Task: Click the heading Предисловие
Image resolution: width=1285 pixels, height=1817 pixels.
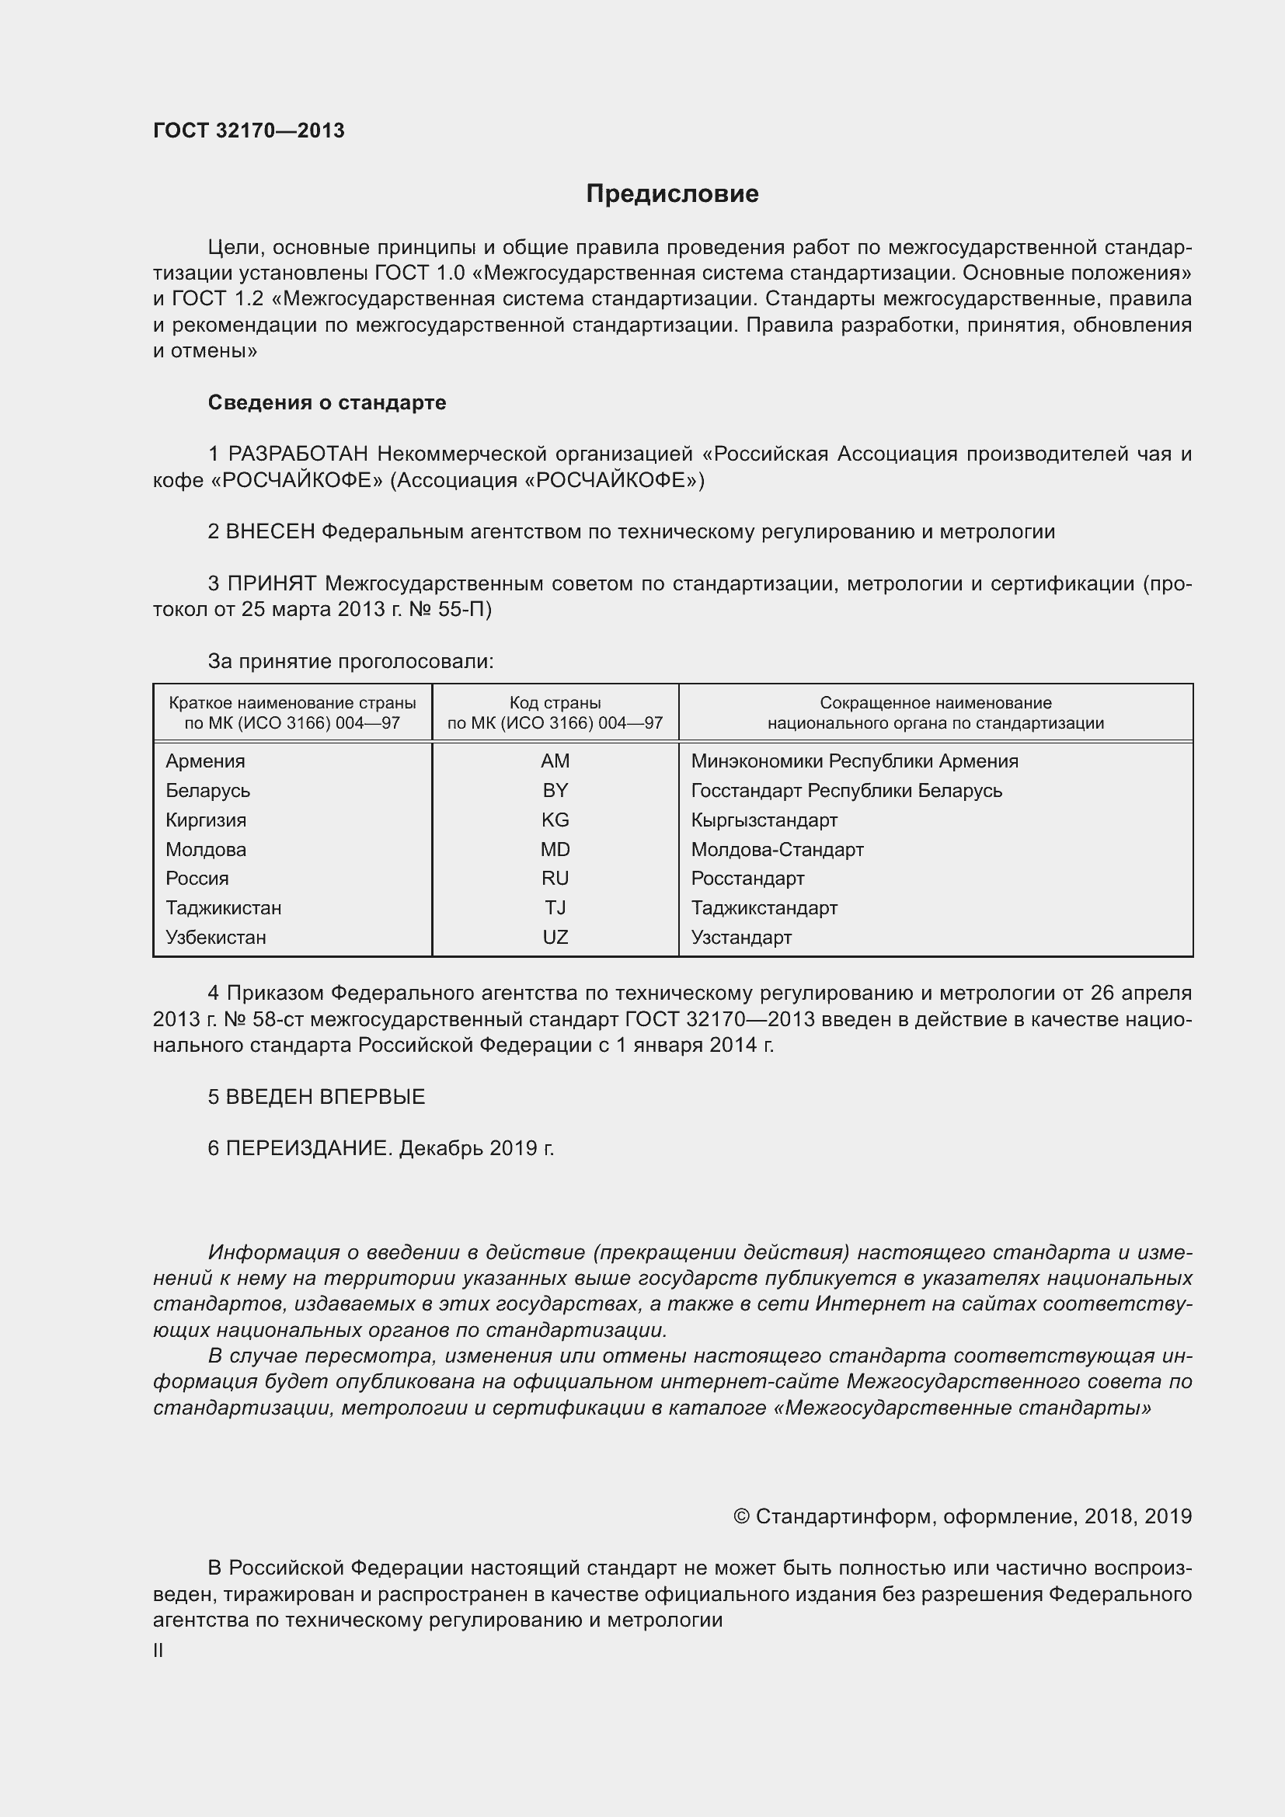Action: (672, 194)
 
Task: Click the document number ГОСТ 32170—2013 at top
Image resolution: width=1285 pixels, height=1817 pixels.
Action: (249, 131)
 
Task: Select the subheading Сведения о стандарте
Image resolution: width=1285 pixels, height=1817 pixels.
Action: (327, 403)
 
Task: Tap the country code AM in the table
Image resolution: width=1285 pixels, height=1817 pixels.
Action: (555, 761)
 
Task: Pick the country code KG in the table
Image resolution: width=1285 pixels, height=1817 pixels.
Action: (555, 820)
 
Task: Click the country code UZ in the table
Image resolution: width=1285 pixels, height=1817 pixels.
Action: (555, 938)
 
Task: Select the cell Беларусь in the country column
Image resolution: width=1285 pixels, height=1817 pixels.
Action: (207, 791)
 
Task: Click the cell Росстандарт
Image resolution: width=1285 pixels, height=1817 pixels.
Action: (747, 879)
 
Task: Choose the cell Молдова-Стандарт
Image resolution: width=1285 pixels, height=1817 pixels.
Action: (777, 850)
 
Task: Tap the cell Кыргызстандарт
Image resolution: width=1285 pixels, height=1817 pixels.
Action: (764, 820)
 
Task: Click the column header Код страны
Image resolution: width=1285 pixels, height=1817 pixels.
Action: (555, 703)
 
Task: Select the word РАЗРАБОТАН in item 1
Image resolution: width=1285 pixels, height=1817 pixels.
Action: (298, 454)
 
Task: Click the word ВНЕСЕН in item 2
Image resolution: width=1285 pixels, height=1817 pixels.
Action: (270, 532)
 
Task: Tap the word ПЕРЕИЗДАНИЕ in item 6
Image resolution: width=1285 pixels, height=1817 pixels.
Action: (308, 1148)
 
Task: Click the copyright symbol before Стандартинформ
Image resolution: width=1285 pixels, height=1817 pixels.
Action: (740, 1516)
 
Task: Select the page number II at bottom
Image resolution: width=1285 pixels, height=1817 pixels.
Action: (158, 1651)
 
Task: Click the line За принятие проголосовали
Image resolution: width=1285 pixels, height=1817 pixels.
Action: (350, 662)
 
